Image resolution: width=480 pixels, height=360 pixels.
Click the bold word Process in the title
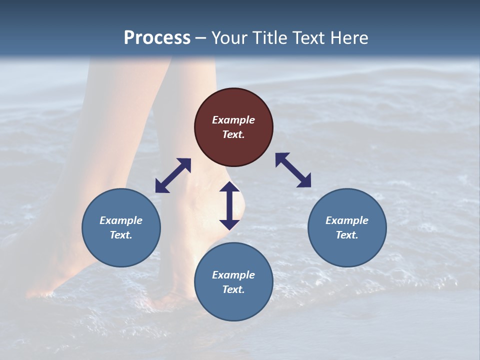pyautogui.click(x=157, y=37)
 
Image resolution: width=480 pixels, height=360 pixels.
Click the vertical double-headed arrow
pyautogui.click(x=229, y=205)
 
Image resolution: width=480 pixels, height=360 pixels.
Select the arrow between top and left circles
pyautogui.click(x=173, y=175)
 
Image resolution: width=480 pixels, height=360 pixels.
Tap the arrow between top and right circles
pyautogui.click(x=293, y=170)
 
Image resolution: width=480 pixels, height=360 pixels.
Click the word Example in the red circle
pyautogui.click(x=233, y=120)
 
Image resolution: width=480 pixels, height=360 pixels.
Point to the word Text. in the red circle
pyautogui.click(x=233, y=134)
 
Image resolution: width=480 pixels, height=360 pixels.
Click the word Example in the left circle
pyautogui.click(x=121, y=220)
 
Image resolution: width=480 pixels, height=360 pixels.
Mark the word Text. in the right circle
pyautogui.click(x=347, y=235)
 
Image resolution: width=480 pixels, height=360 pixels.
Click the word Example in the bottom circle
pyautogui.click(x=233, y=275)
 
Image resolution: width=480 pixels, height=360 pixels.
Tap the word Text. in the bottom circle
pyautogui.click(x=233, y=289)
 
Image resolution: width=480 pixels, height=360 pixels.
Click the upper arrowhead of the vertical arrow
pyautogui.click(x=229, y=186)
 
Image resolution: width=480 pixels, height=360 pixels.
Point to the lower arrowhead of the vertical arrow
pyautogui.click(x=229, y=224)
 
